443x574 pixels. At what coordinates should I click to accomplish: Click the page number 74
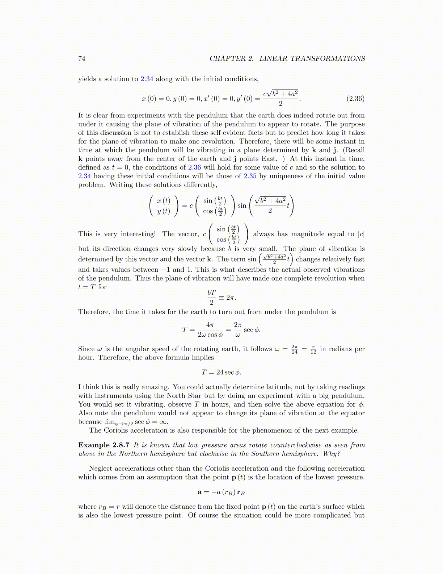[x=82, y=59]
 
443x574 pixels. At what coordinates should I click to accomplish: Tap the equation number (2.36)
[x=355, y=99]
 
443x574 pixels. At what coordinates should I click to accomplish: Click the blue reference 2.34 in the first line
[x=147, y=79]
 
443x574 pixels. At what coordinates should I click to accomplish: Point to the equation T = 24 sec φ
[x=221, y=372]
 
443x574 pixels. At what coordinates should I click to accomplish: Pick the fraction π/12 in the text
[x=313, y=349]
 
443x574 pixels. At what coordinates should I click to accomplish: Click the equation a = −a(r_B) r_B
[x=221, y=492]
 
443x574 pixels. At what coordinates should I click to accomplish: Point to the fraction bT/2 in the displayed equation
[x=211, y=297]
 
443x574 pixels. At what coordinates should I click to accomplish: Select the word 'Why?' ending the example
[x=333, y=454]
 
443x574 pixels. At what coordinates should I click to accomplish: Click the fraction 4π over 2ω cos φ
[x=210, y=330]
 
